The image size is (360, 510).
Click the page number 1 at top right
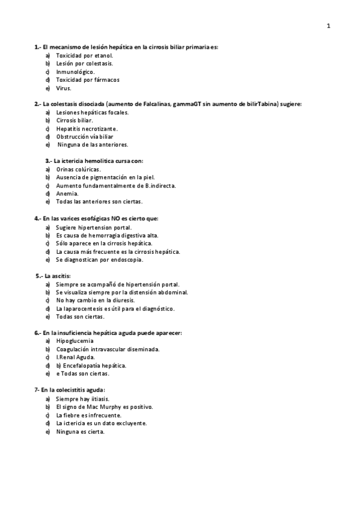coord(328,26)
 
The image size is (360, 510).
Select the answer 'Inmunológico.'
coord(76,72)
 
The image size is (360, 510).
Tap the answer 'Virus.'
coord(64,88)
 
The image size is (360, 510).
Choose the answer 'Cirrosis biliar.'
coord(75,120)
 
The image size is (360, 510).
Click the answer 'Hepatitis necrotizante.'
coord(87,129)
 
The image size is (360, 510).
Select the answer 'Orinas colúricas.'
coord(79,170)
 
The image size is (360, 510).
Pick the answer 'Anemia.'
coord(67,194)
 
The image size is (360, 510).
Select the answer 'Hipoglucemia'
coord(75,341)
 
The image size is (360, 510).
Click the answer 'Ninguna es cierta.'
coord(80,431)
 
